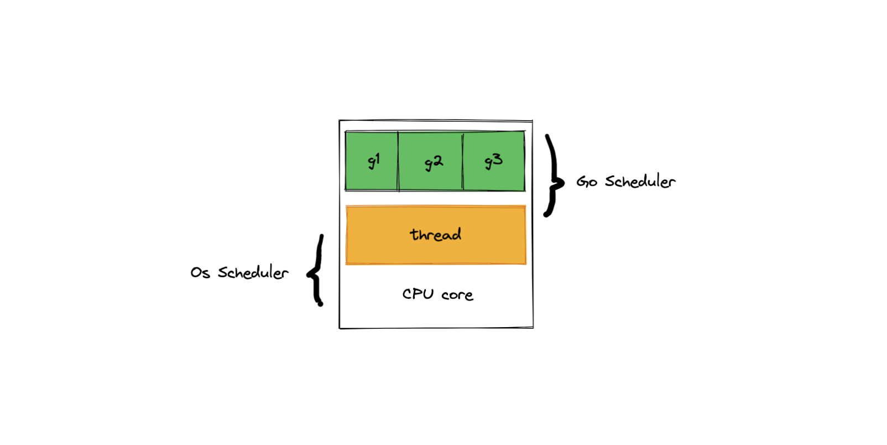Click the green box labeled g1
[x=372, y=161]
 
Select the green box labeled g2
[x=431, y=161]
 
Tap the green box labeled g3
[x=494, y=161]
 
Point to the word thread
[x=436, y=235]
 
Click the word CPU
[x=418, y=294]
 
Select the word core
[x=457, y=295]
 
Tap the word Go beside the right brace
[x=587, y=182]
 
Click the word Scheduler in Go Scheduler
[x=640, y=182]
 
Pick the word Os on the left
[x=200, y=272]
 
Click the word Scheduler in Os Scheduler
[x=253, y=272]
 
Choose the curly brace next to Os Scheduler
[x=317, y=271]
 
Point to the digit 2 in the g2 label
[x=437, y=161]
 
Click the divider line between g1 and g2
[x=398, y=161]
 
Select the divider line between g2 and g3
[x=463, y=161]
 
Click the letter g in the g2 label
[x=428, y=164]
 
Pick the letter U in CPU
[x=427, y=294]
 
